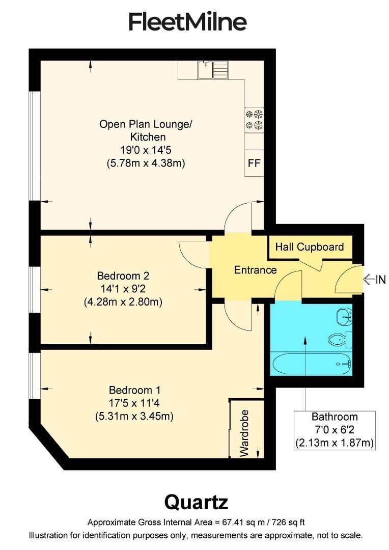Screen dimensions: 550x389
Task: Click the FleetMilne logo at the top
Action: pos(188,22)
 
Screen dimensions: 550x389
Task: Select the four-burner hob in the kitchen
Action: pos(254,119)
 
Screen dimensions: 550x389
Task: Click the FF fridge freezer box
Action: pos(254,163)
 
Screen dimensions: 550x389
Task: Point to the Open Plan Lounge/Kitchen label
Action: pos(146,130)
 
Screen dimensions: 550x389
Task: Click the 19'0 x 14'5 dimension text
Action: pos(146,150)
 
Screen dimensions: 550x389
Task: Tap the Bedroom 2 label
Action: pos(123,276)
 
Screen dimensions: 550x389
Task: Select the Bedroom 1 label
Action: pos(134,391)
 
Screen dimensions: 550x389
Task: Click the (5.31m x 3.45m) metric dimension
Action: pos(134,416)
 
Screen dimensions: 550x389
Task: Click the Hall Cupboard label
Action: pos(310,247)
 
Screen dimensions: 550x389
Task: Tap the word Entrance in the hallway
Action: pos(255,270)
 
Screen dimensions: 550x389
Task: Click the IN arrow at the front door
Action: pos(374,279)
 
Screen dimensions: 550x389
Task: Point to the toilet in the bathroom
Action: pos(338,339)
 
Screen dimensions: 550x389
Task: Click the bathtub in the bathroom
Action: pos(311,364)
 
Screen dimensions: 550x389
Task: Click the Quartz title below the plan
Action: pos(196,502)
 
